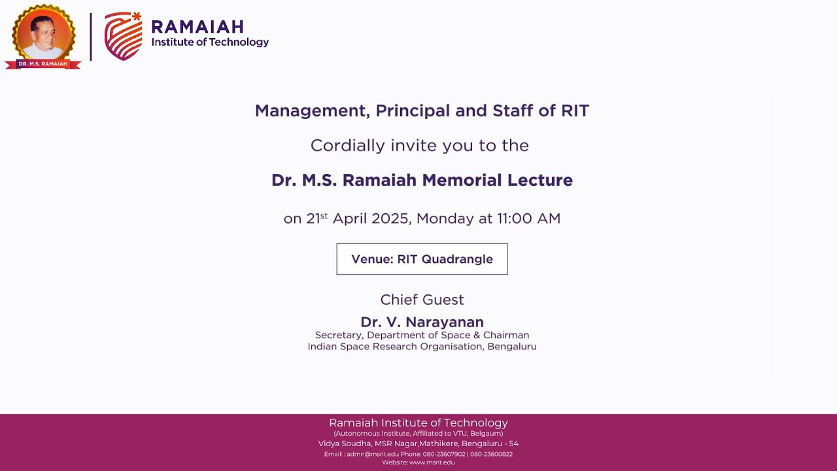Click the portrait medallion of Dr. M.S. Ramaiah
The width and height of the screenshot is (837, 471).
[x=43, y=33]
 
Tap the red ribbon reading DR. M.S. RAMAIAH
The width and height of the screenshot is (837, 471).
[x=43, y=64]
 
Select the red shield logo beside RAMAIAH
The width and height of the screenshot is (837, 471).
[x=123, y=37]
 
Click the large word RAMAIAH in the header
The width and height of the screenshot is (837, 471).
[x=197, y=27]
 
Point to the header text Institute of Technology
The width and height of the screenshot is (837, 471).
[x=210, y=43]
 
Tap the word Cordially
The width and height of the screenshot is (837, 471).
[x=347, y=145]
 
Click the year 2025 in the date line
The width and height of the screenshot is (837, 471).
[x=390, y=218]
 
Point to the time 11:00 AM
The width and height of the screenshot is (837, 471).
[x=528, y=218]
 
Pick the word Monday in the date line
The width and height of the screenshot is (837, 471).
[x=445, y=218]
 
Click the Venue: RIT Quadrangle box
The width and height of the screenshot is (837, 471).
[x=422, y=259]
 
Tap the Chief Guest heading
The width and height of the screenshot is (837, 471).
[x=422, y=300]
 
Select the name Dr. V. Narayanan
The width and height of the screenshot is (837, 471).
[x=422, y=322]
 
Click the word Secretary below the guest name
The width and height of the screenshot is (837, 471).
[x=339, y=336]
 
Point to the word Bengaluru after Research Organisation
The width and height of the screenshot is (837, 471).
[x=512, y=347]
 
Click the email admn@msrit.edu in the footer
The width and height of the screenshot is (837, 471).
[x=372, y=454]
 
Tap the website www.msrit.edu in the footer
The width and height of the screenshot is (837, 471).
[x=432, y=462]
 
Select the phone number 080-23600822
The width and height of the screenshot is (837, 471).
[x=491, y=454]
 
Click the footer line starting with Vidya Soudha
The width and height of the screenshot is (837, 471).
[x=418, y=444]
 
